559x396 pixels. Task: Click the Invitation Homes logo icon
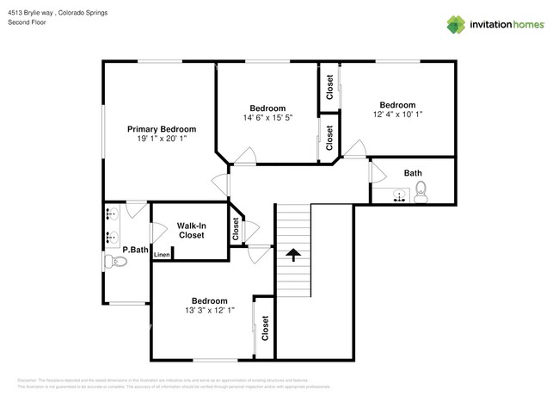[x=457, y=25]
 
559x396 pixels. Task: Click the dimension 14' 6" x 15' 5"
[x=267, y=118]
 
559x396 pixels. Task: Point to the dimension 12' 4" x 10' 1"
[x=397, y=114]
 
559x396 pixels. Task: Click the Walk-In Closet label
[x=191, y=230]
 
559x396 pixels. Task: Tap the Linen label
[x=162, y=254]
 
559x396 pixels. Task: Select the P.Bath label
[x=133, y=250]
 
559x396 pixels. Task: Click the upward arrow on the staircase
[x=293, y=254]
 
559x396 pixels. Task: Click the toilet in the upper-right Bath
[x=421, y=195]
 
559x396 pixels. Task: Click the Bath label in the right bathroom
[x=413, y=173]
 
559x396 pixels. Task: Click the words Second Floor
[x=27, y=23]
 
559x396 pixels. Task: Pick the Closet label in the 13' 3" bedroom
[x=265, y=327]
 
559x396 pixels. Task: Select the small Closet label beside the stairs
[x=236, y=229]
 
